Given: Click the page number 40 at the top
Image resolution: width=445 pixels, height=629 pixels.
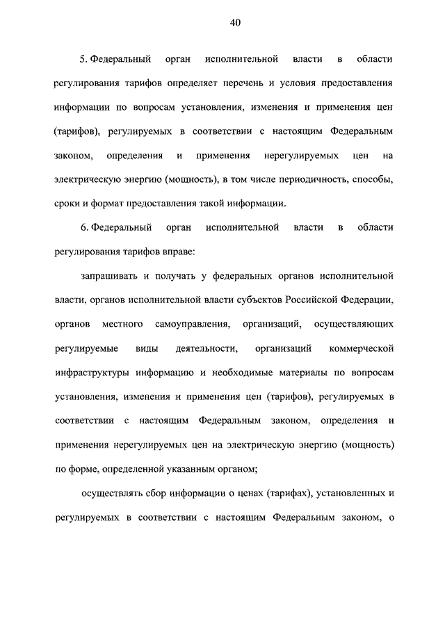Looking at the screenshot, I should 235,23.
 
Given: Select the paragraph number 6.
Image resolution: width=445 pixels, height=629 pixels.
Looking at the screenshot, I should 82,227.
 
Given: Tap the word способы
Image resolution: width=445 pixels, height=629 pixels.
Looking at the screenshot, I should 376,179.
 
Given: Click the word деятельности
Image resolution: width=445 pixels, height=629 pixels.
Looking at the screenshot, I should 207,348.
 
